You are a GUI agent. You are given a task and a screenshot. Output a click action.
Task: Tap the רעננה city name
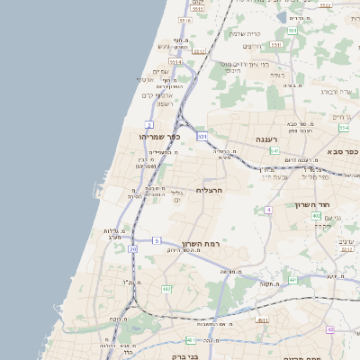pyautogui.click(x=245, y=139)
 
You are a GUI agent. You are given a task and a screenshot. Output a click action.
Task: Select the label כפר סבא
pyautogui.click(x=343, y=152)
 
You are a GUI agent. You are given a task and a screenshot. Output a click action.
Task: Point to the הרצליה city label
pyautogui.click(x=208, y=190)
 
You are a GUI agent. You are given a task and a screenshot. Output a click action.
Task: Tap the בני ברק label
pyautogui.click(x=184, y=356)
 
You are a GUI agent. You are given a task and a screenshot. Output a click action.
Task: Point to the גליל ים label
pyautogui.click(x=176, y=195)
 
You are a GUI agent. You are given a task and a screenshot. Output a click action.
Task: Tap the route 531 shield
pyautogui.click(x=202, y=136)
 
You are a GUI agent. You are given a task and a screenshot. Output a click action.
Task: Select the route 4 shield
pyautogui.click(x=268, y=210)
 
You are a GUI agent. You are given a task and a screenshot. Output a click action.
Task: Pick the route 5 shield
pyautogui.click(x=156, y=240)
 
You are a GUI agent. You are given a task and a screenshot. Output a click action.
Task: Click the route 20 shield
pyautogui.click(x=133, y=248)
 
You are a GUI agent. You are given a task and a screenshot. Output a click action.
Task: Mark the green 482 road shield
pyautogui.click(x=166, y=289)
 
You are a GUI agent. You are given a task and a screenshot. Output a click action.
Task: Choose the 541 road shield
pyautogui.click(x=274, y=151)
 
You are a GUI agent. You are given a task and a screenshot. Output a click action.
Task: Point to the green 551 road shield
pyautogui.click(x=293, y=31)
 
